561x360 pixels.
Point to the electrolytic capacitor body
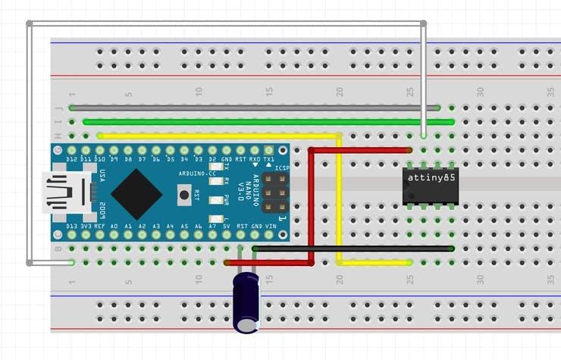[246, 302]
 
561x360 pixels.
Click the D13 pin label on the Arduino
[72, 226]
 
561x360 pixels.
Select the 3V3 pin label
[86, 226]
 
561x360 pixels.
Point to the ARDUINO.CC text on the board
[196, 174]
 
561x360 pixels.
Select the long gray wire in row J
[255, 108]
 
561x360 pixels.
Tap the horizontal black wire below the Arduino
[353, 248]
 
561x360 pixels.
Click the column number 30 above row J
[480, 91]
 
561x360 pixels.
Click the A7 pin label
[212, 226]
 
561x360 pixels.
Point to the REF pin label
[100, 226]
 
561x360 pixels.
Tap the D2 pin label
[212, 159]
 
